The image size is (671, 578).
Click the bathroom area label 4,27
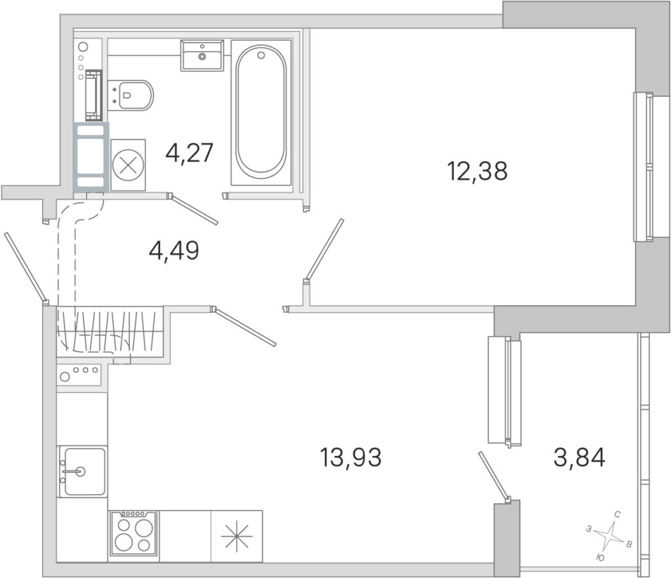(x=189, y=153)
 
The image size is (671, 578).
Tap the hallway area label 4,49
(x=174, y=250)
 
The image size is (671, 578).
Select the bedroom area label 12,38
(x=477, y=170)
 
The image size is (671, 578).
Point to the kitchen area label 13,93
(x=351, y=457)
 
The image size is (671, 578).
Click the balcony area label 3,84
(x=579, y=457)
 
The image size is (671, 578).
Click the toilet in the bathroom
(x=130, y=96)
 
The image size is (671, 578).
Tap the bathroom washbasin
(x=202, y=55)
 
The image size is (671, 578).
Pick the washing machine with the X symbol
(x=128, y=164)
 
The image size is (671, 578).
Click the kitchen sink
(x=82, y=471)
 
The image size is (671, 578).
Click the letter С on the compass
(x=617, y=514)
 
